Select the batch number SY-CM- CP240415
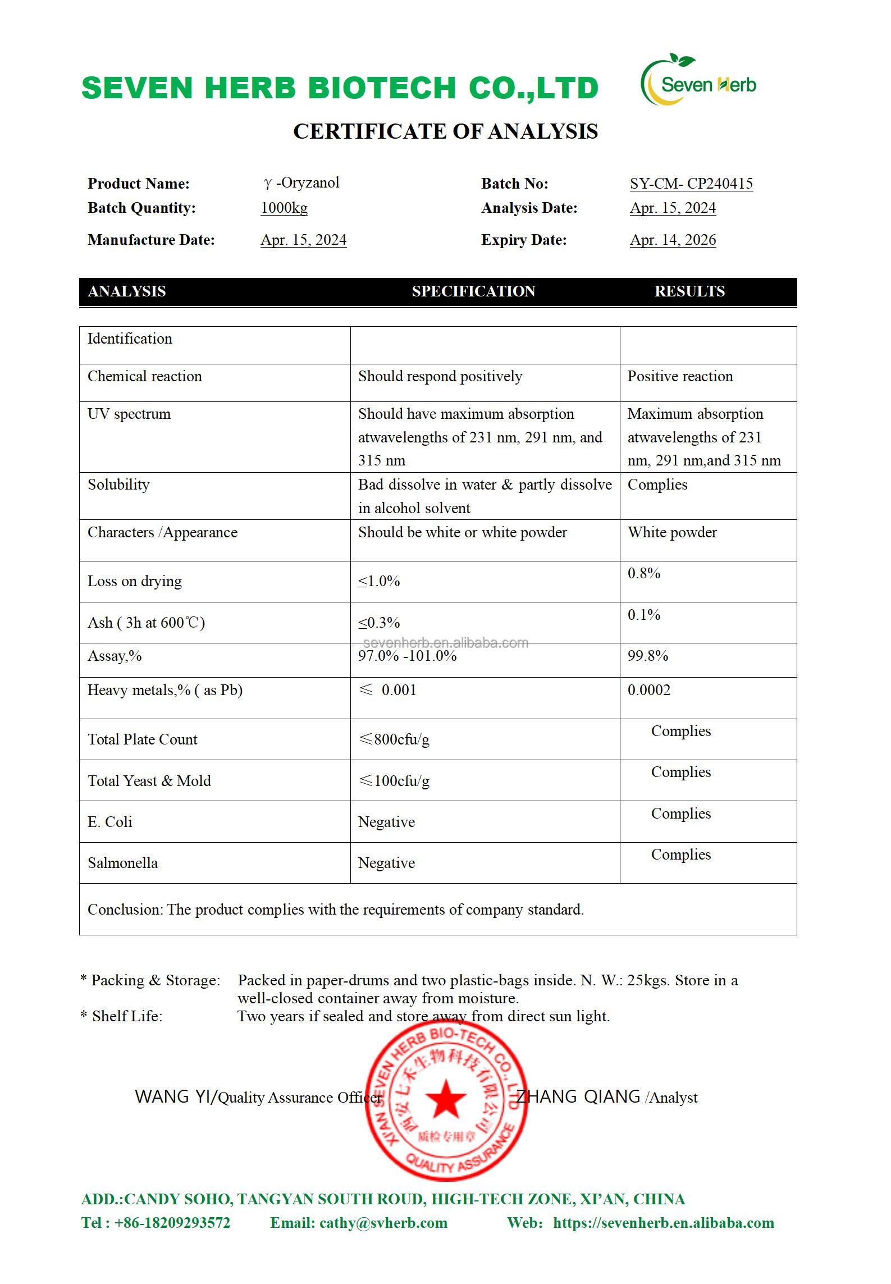[x=691, y=184]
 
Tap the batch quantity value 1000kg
[x=284, y=208]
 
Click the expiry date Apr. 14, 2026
[x=673, y=240]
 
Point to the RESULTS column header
[x=689, y=291]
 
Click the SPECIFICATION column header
[x=473, y=291]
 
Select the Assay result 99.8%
[x=648, y=656]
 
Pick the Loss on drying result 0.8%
[x=644, y=573]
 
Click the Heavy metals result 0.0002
[x=649, y=690]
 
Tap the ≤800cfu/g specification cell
[x=394, y=739]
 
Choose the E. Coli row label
[x=110, y=822]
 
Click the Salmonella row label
[x=123, y=863]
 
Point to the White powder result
[x=672, y=532]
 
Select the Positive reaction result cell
[x=680, y=376]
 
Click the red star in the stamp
[x=445, y=1098]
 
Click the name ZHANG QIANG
[x=578, y=1096]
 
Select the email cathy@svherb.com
[x=383, y=1223]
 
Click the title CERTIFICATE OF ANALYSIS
[x=445, y=131]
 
